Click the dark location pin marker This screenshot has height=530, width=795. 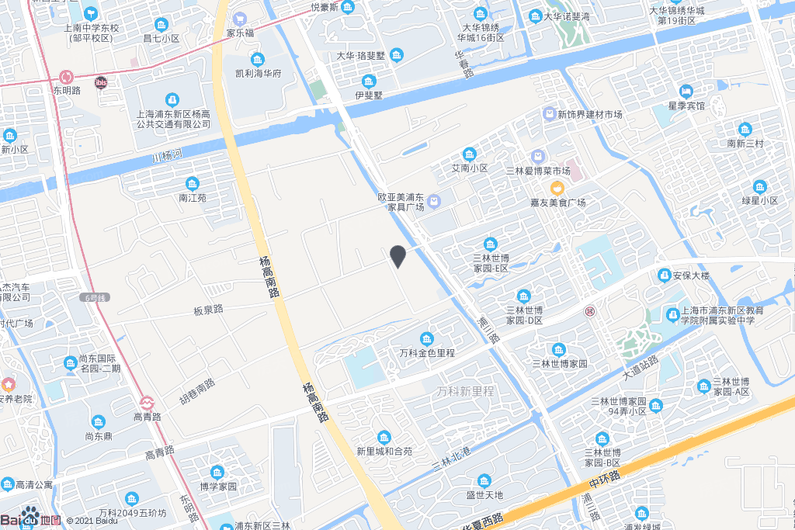coord(397,256)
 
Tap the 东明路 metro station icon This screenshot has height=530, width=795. coord(67,77)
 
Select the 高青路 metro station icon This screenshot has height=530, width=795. coord(147,403)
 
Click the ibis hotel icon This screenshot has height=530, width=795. coord(101,82)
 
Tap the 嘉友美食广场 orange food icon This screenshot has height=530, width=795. coord(557,188)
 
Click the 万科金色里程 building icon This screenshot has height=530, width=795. coord(427,338)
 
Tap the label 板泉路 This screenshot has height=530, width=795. coord(208,310)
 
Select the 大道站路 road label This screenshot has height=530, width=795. coord(641,368)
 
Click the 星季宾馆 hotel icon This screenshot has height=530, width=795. coord(686,91)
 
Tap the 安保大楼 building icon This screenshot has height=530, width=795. coord(664,275)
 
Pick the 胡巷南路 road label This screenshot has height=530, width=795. coord(197,393)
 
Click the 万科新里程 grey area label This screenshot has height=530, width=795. coord(465,391)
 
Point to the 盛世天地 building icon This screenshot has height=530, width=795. coord(484,480)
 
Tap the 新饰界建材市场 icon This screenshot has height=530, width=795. coord(549,114)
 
